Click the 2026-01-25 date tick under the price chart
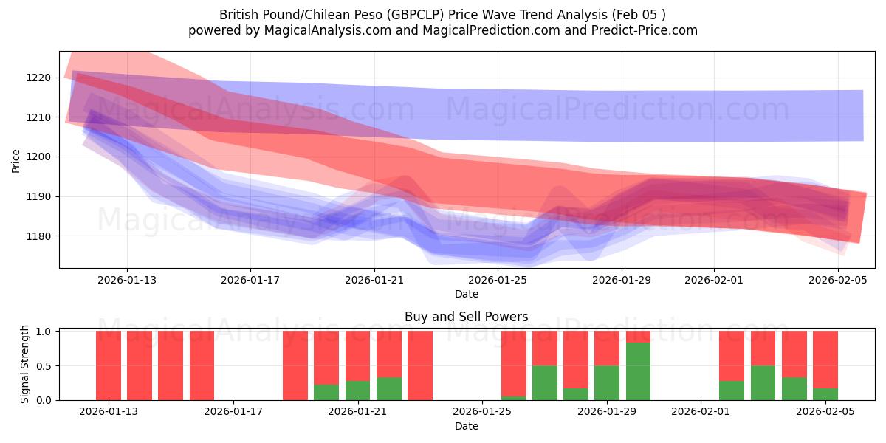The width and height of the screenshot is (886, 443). (498, 280)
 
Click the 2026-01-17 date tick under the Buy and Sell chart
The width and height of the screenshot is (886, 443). (233, 411)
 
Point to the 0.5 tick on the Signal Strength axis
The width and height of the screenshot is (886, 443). (44, 365)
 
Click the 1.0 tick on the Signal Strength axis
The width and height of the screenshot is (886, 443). (44, 331)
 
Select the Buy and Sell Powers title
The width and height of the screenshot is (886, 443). (466, 317)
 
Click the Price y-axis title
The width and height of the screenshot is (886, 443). (16, 159)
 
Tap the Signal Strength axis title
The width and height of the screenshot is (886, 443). (25, 364)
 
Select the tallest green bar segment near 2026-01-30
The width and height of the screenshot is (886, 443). (638, 371)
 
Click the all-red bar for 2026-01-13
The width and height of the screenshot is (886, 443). (109, 365)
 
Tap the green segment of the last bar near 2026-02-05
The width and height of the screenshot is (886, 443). (825, 394)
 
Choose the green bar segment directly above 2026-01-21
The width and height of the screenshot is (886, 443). (357, 390)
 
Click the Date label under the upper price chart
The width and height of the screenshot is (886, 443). (466, 294)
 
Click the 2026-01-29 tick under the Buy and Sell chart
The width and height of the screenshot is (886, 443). (607, 411)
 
